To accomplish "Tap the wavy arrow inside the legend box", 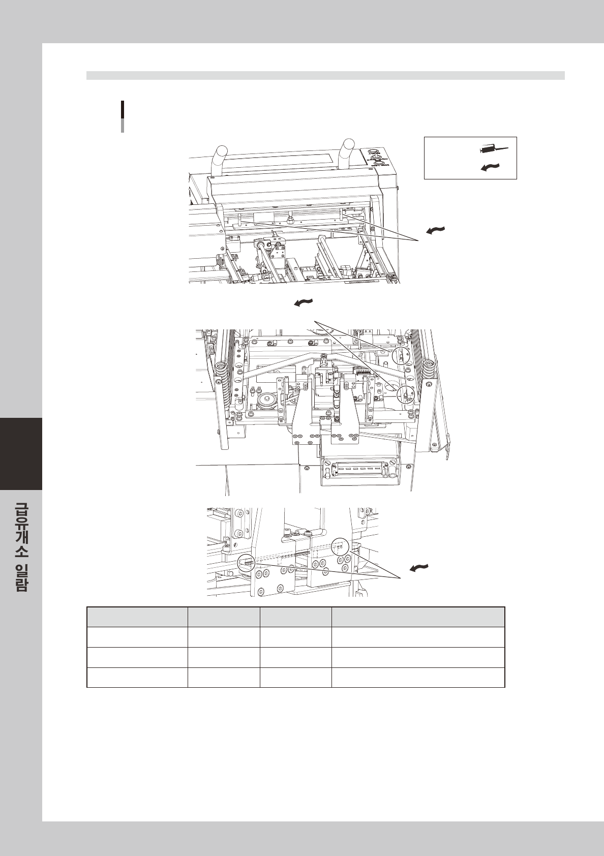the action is (490, 166).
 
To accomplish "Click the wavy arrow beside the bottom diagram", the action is (419, 568).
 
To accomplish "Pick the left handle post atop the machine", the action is (222, 158).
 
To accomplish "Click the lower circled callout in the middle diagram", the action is (406, 394).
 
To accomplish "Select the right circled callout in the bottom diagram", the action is (340, 547).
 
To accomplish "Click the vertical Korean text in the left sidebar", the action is (21, 546).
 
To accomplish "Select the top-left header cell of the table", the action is (137, 617).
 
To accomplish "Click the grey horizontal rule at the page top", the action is (325, 76).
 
